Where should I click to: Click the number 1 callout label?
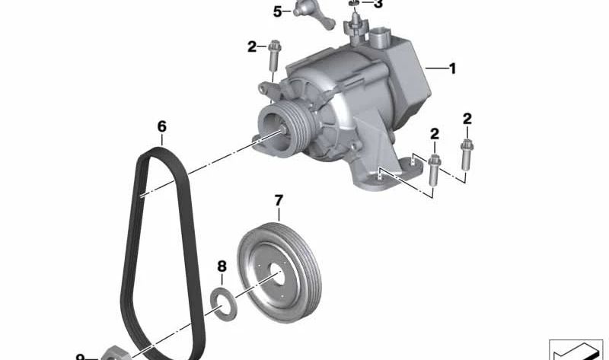click(x=452, y=68)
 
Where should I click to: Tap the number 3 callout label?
click(x=378, y=5)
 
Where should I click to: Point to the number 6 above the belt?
click(x=161, y=126)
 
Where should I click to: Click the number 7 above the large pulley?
click(x=279, y=201)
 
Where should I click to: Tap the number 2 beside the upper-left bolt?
click(x=252, y=47)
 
